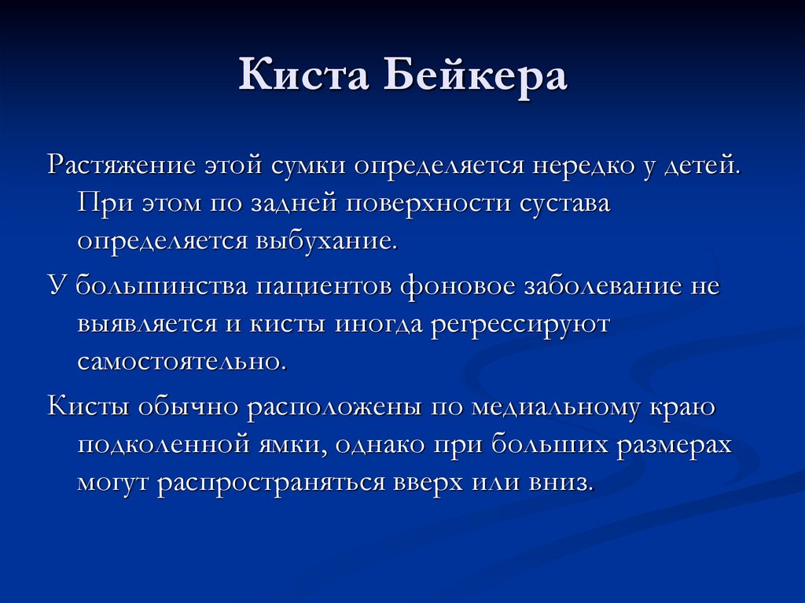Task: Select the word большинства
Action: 162,286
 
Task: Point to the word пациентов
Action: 322,286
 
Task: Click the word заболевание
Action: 605,286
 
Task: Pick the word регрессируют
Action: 519,323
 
